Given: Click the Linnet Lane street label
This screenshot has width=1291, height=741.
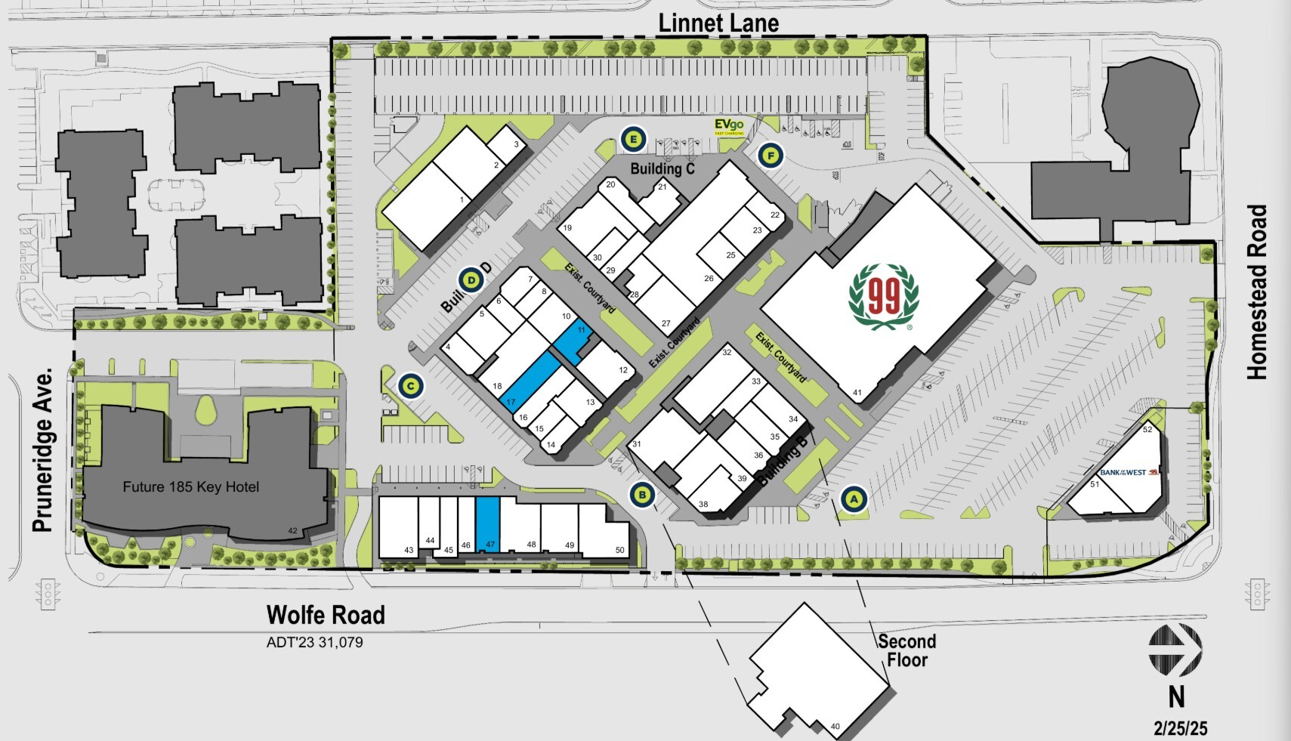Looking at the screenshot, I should click(x=718, y=23).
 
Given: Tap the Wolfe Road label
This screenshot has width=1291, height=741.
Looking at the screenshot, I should click(x=326, y=615).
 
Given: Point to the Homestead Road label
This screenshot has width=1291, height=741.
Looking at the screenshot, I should click(x=1256, y=292).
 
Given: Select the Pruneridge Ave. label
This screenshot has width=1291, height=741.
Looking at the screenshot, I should click(x=43, y=450).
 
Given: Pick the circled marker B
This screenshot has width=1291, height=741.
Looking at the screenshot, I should click(x=642, y=496).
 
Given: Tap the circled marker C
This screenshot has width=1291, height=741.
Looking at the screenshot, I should click(x=410, y=387).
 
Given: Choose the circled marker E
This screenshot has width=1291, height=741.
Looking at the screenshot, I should click(x=633, y=139).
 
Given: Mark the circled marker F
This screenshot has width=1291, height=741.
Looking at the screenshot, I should click(x=770, y=156).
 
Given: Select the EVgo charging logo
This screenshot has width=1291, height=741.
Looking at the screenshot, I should click(x=729, y=126).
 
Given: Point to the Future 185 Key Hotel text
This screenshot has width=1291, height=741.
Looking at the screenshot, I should click(x=190, y=487).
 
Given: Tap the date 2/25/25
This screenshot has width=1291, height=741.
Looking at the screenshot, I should click(x=1180, y=728).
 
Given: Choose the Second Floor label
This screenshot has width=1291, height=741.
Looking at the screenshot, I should click(x=907, y=650).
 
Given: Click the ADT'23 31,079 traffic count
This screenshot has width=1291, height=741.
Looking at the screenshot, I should click(x=314, y=643).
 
